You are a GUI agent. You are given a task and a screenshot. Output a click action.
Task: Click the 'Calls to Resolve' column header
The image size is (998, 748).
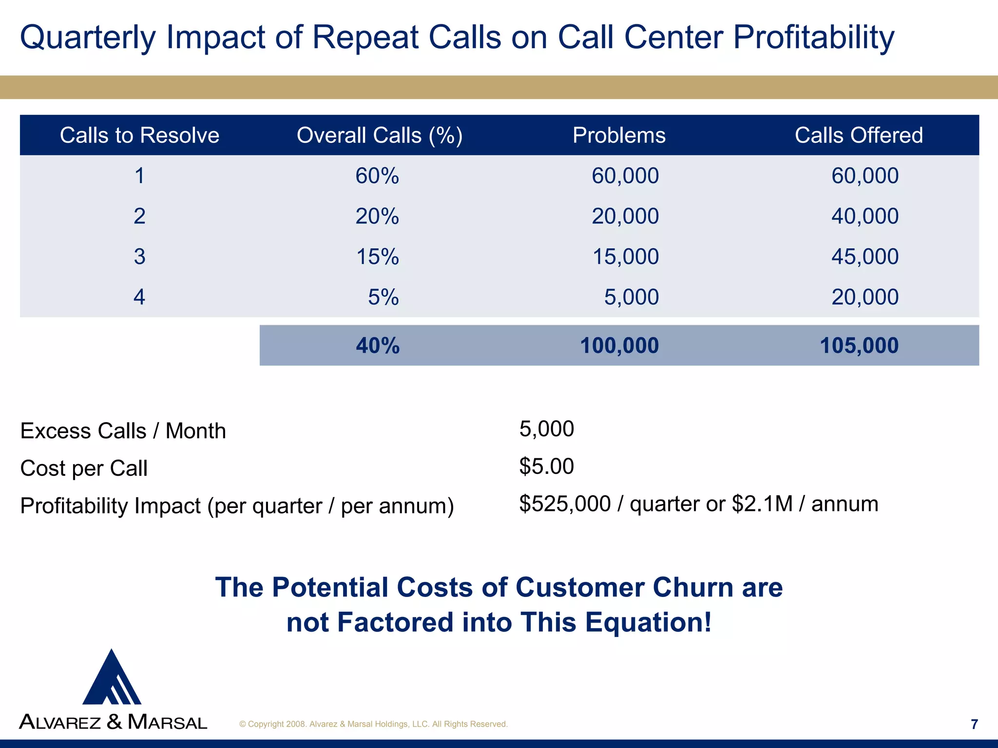click(x=139, y=135)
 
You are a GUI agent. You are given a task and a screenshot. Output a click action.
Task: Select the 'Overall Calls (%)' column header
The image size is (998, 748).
click(x=380, y=135)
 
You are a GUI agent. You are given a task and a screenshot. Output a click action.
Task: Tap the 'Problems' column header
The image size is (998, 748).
click(x=619, y=135)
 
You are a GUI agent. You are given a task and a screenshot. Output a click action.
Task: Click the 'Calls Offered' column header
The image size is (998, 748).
click(x=859, y=135)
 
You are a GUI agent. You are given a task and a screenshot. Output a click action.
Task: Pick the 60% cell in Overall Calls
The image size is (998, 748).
click(x=377, y=176)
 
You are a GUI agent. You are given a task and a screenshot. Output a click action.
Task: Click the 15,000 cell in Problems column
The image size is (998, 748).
click(x=625, y=257)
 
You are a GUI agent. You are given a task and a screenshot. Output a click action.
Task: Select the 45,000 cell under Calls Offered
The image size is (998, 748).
click(x=864, y=257)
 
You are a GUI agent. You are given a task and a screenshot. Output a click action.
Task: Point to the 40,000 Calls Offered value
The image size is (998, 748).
click(x=864, y=216)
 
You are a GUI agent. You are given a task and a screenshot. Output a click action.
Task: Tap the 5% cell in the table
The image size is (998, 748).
click(x=383, y=297)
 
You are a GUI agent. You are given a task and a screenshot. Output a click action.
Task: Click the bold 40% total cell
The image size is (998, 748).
click(x=378, y=346)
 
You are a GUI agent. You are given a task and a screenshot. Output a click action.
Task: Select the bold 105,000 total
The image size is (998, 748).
click(x=859, y=346)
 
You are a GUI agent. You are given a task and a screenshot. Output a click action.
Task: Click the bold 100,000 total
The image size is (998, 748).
click(x=619, y=346)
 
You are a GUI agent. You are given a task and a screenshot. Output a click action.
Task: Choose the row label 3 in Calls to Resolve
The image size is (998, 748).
click(x=139, y=257)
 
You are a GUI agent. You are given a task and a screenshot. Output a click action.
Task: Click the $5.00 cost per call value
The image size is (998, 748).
click(x=546, y=467)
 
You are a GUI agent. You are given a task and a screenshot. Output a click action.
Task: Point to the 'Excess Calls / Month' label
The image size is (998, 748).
click(x=123, y=431)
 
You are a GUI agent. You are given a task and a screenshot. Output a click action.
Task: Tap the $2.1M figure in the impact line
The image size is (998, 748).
click(x=762, y=504)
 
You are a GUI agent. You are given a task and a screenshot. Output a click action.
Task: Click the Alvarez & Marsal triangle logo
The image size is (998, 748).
click(x=112, y=678)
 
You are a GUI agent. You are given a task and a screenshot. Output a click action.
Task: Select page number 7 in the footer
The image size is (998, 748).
click(x=974, y=724)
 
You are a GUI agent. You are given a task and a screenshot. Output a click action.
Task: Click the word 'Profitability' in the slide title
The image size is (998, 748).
click(x=813, y=37)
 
